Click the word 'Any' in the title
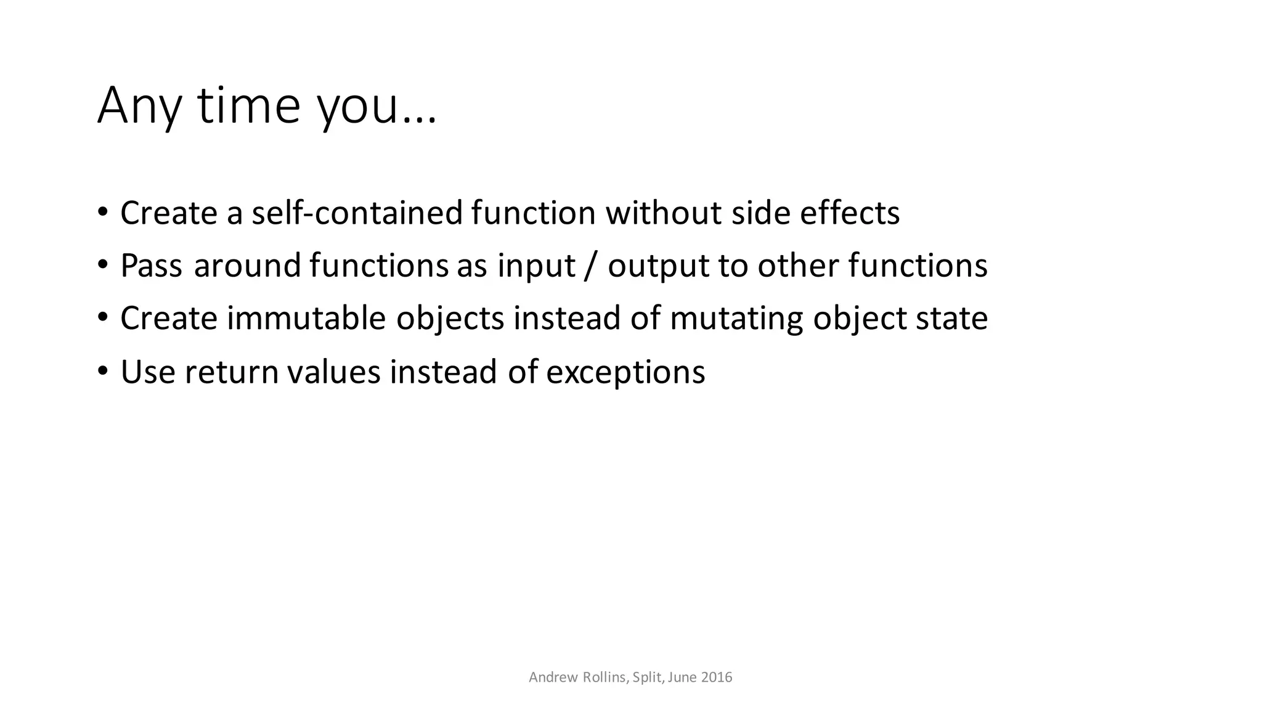(139, 106)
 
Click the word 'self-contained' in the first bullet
(357, 213)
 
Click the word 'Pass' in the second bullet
(152, 266)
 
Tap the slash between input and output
(591, 266)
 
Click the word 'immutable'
(306, 319)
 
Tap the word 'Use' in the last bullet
(148, 372)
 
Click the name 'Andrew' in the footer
(552, 677)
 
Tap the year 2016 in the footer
(717, 677)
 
